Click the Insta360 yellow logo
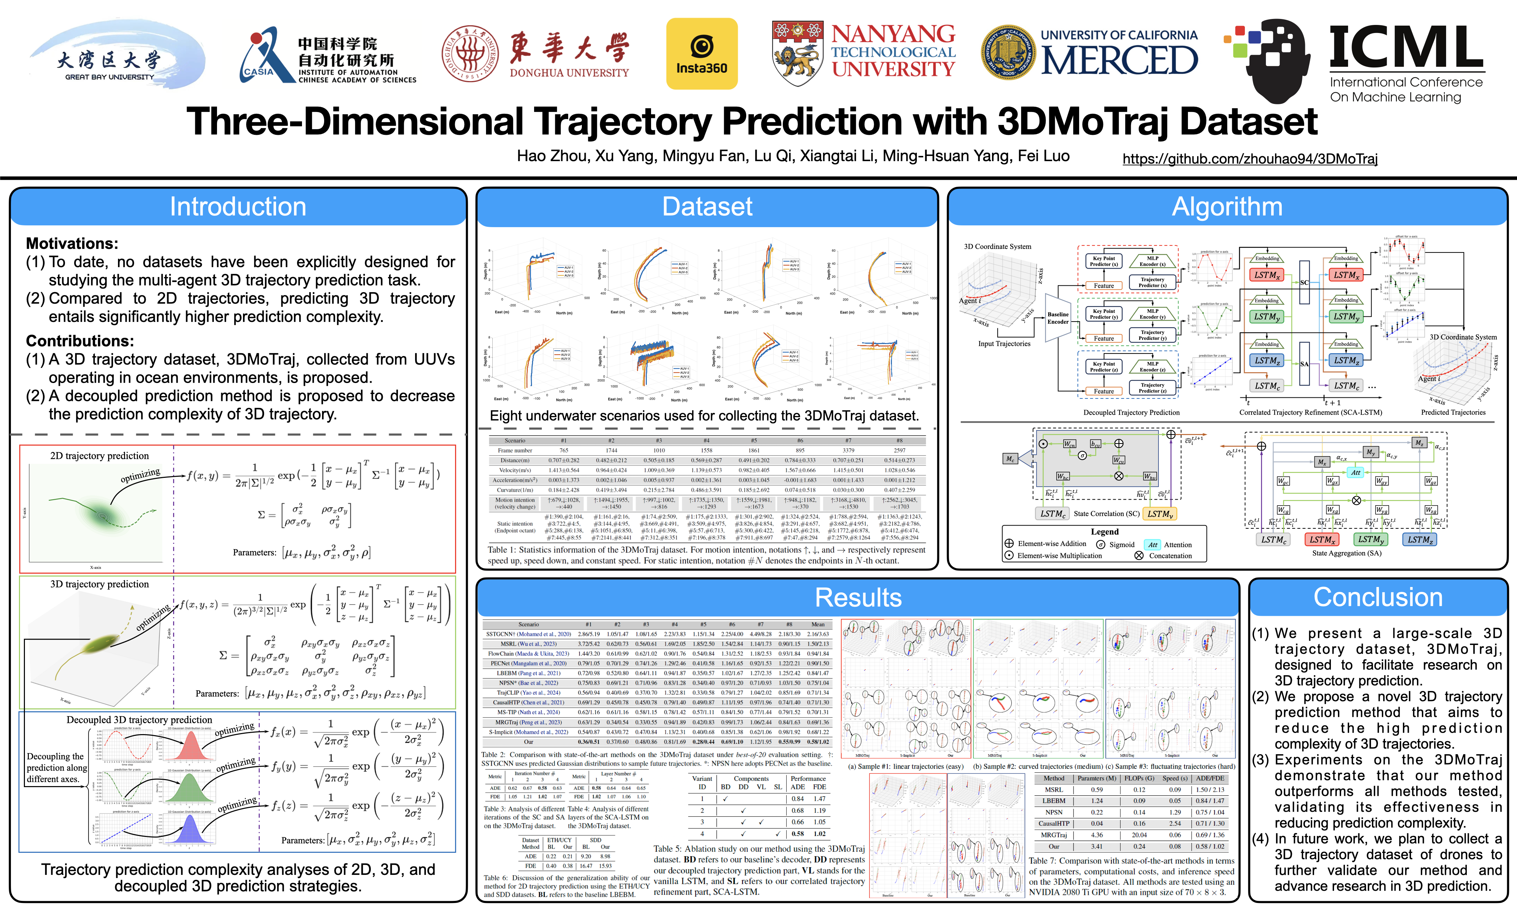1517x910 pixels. pos(702,54)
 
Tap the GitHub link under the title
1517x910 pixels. pos(1250,159)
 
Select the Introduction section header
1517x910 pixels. pos(238,207)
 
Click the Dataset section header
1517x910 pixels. pos(707,207)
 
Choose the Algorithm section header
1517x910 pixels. pos(1227,207)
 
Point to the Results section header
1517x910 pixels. pos(858,597)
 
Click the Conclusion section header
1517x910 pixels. pos(1378,597)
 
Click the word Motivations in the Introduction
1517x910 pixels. pos(72,243)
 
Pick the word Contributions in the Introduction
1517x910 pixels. pos(80,341)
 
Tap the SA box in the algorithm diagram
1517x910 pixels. pos(1304,364)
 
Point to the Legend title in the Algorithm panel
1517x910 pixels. pos(1104,532)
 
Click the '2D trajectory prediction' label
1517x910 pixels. pos(99,456)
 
